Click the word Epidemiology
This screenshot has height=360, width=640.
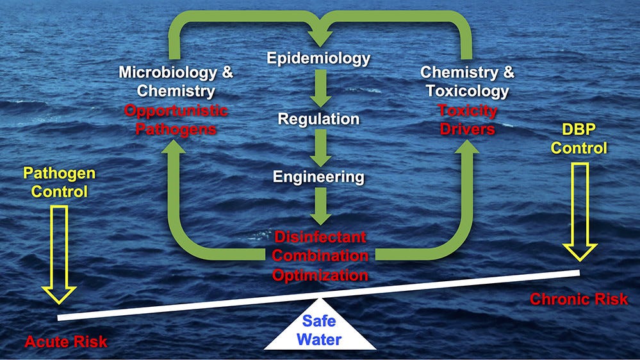tap(318, 59)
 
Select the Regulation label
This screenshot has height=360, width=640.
tap(318, 119)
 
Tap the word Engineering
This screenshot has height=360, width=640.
tap(318, 176)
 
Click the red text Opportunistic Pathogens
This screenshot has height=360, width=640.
tap(176, 119)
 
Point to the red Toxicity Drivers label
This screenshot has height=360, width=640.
tap(467, 119)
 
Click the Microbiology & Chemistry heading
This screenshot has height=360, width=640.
tap(176, 81)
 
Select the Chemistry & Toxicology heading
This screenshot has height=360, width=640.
tap(467, 81)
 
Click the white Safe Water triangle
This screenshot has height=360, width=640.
tap(320, 329)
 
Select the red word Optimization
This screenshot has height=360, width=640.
tap(320, 275)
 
